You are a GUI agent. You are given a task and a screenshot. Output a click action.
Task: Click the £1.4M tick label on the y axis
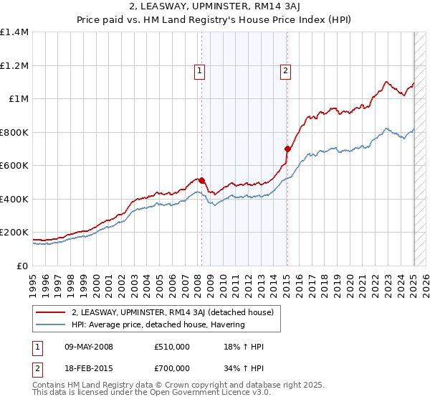click(x=14, y=32)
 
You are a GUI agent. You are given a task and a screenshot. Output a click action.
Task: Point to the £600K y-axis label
click(x=14, y=166)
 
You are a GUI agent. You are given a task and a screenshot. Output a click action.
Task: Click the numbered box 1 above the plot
click(x=199, y=70)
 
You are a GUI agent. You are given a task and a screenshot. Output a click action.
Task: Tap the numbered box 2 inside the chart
click(x=285, y=70)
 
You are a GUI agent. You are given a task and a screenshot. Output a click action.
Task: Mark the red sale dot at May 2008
click(x=202, y=181)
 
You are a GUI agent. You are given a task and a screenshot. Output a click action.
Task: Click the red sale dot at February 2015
click(x=287, y=149)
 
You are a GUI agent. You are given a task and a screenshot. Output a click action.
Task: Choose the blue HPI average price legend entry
click(x=158, y=325)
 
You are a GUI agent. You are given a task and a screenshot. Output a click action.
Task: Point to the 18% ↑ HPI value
click(x=244, y=347)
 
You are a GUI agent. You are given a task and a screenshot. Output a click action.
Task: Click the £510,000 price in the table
click(x=171, y=347)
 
